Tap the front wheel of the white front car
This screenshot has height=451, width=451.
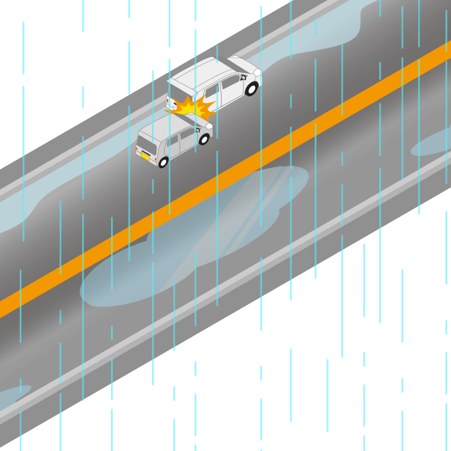pos(251,89)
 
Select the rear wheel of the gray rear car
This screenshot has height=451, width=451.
pos(163,162)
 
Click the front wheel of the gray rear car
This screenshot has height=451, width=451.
pos(204,139)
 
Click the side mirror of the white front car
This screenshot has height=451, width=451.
pos(244,78)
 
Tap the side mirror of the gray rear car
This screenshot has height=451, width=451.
pos(198,130)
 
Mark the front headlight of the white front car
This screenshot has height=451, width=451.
pos(257,73)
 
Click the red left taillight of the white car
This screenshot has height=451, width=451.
pos(167,100)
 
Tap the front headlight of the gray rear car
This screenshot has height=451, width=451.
pos(209,126)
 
